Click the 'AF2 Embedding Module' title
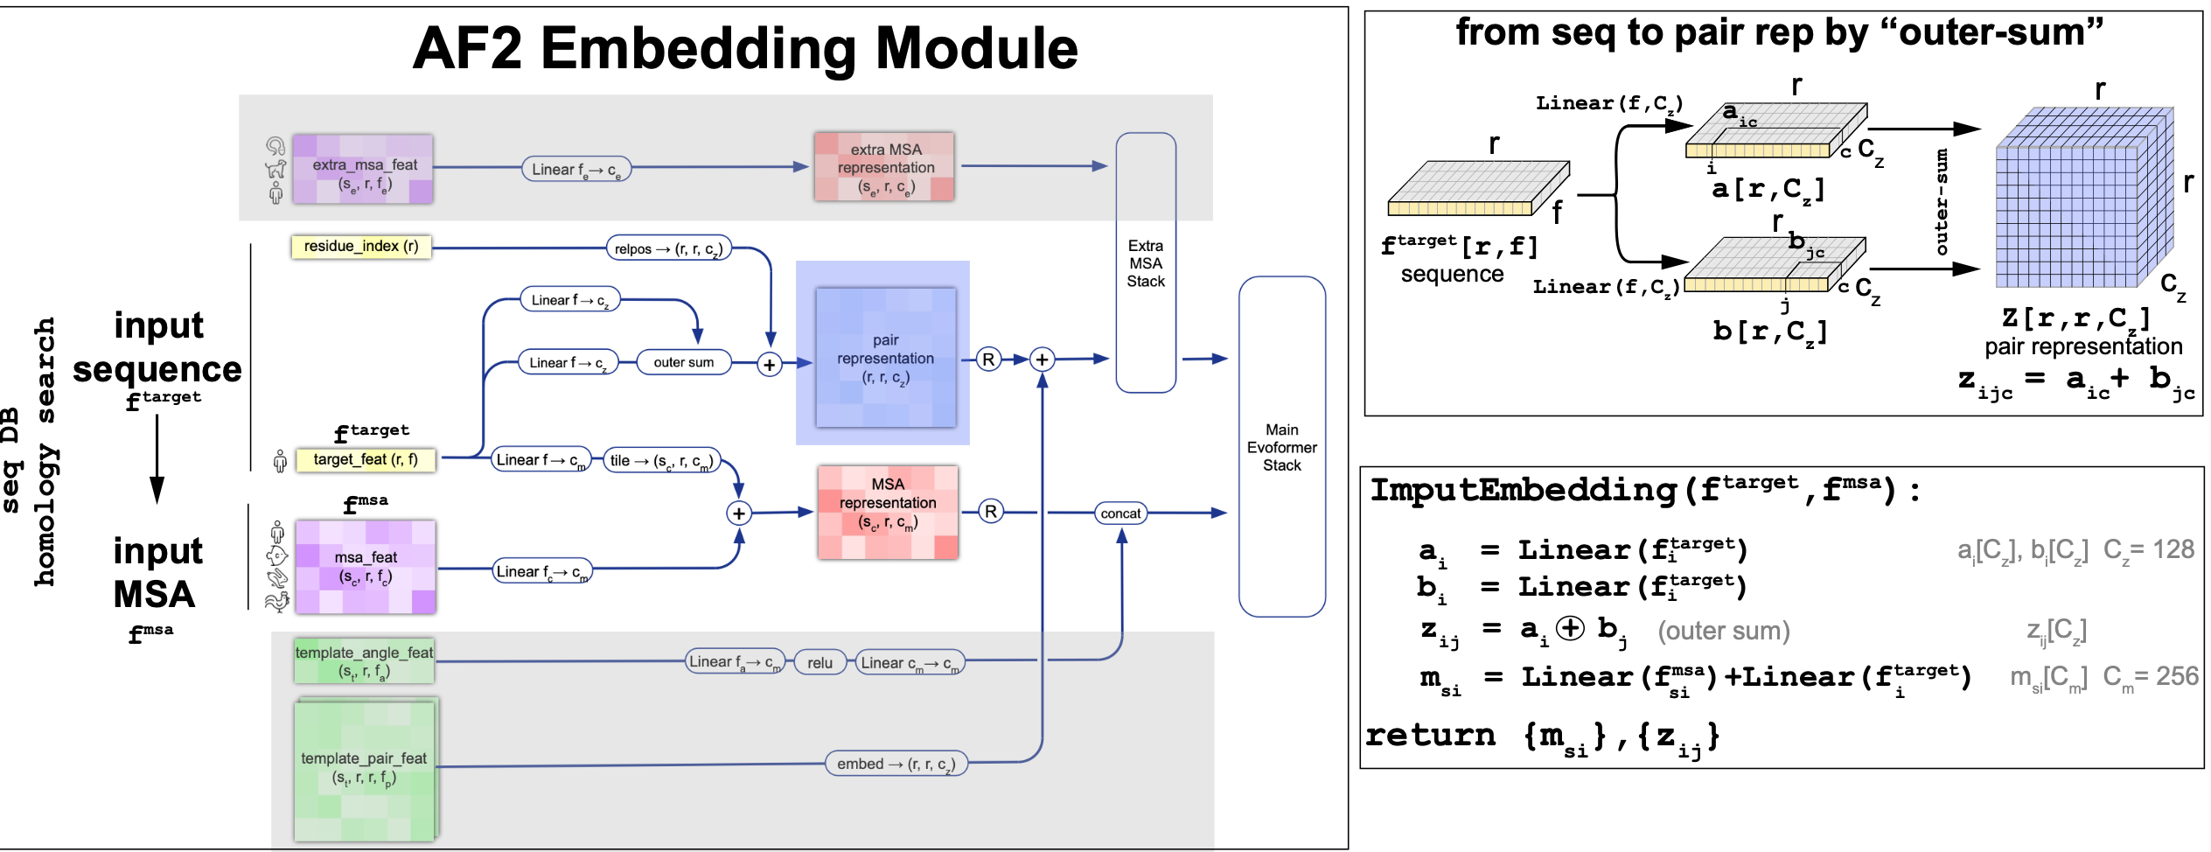pyautogui.click(x=744, y=48)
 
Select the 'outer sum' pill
pyautogui.click(x=683, y=362)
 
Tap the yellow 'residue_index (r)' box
pyautogui.click(x=360, y=247)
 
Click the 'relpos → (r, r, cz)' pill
pyautogui.click(x=668, y=249)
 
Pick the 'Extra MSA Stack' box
pyautogui.click(x=1146, y=262)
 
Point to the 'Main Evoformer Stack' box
pyautogui.click(x=1281, y=447)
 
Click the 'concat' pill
pyautogui.click(x=1120, y=513)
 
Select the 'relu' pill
pyautogui.click(x=820, y=663)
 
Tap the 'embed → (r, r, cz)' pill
pyautogui.click(x=896, y=764)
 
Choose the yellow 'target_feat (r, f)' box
pyautogui.click(x=366, y=459)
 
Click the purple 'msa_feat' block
pyautogui.click(x=366, y=567)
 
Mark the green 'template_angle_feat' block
pyautogui.click(x=364, y=662)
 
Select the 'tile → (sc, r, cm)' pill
pyautogui.click(x=662, y=460)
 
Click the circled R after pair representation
pyautogui.click(x=988, y=360)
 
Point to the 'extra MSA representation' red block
pyautogui.click(x=884, y=167)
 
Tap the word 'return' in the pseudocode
pyautogui.click(x=1431, y=735)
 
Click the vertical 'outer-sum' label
pyautogui.click(x=1942, y=202)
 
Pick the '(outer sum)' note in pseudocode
pyautogui.click(x=1724, y=631)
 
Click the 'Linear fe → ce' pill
pyautogui.click(x=576, y=170)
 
